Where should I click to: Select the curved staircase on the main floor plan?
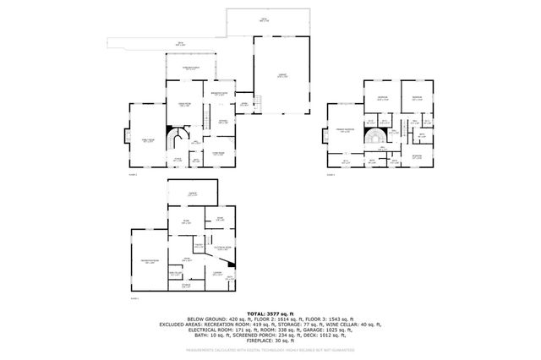click(176, 137)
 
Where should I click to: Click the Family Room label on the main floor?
click(148, 140)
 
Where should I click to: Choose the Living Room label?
click(216, 153)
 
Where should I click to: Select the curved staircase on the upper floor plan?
click(374, 136)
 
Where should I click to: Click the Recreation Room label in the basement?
click(150, 263)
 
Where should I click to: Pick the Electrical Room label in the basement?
click(222, 247)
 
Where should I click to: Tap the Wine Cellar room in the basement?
click(175, 274)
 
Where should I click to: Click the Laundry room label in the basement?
click(217, 273)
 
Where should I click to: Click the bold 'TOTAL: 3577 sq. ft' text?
click(270, 312)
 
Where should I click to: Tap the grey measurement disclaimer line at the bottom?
click(270, 348)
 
